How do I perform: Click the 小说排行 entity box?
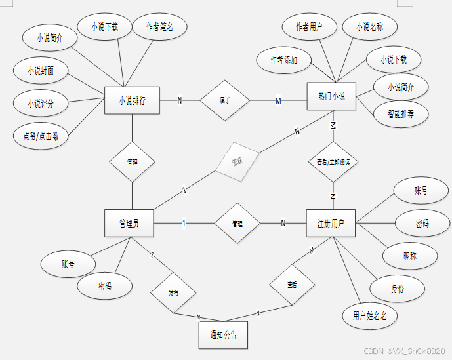(132, 101)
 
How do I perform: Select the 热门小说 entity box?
(332, 97)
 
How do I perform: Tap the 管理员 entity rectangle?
(129, 223)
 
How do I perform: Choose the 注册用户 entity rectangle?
(331, 223)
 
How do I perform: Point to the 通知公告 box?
(223, 335)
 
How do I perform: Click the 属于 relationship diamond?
(225, 100)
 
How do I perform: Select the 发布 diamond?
(173, 292)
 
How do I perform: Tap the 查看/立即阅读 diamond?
(333, 161)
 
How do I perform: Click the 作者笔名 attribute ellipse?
(159, 27)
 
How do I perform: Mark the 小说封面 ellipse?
(41, 70)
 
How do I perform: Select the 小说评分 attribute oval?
(41, 103)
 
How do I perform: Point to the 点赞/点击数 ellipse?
(41, 136)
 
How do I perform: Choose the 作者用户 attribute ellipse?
(310, 27)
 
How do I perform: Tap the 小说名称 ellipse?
(369, 27)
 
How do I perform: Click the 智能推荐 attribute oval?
(401, 113)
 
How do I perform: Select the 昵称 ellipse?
(410, 256)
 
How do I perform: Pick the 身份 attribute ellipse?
(397, 289)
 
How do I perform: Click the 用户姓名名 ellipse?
(370, 316)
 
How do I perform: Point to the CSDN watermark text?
(404, 351)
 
